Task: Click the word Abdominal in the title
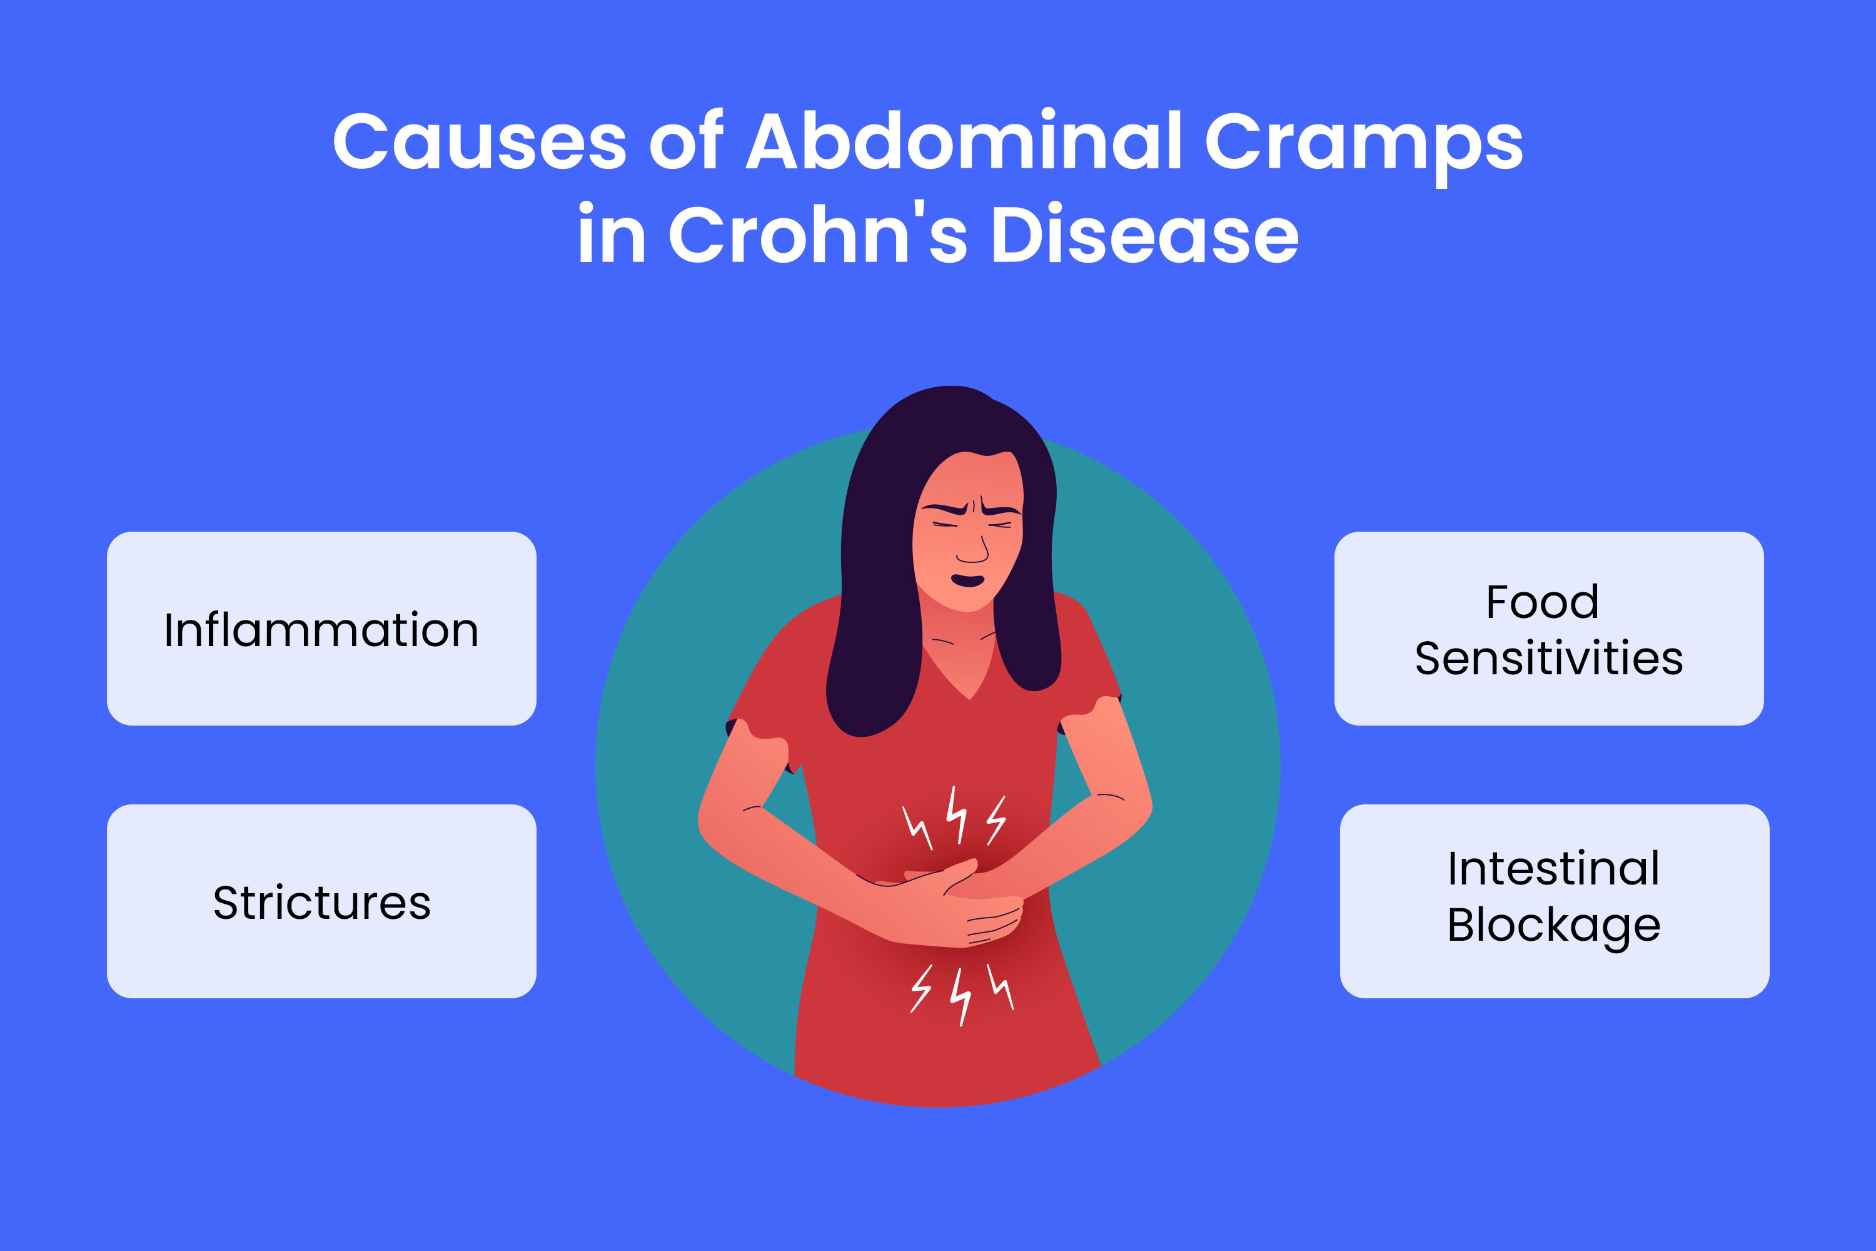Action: [965, 142]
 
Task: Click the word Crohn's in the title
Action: [817, 235]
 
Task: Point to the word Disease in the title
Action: [1144, 235]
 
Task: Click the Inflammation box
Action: [321, 629]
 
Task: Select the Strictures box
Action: [321, 901]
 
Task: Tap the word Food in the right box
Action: [1542, 602]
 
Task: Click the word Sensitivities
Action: [1548, 659]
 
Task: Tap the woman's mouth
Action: [967, 580]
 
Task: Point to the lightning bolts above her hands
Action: [955, 818]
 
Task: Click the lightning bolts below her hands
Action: [961, 993]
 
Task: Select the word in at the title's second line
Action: [611, 235]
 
